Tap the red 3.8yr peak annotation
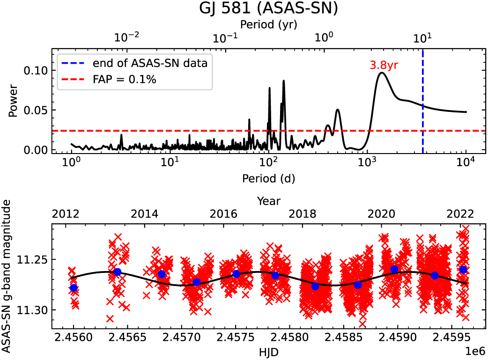coord(384,65)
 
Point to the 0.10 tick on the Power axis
coord(37,71)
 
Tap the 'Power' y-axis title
coord(13,100)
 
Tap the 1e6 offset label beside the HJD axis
coord(475,350)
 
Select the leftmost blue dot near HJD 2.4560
coord(74,288)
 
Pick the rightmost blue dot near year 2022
coord(463,270)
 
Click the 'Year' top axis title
coord(268,201)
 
